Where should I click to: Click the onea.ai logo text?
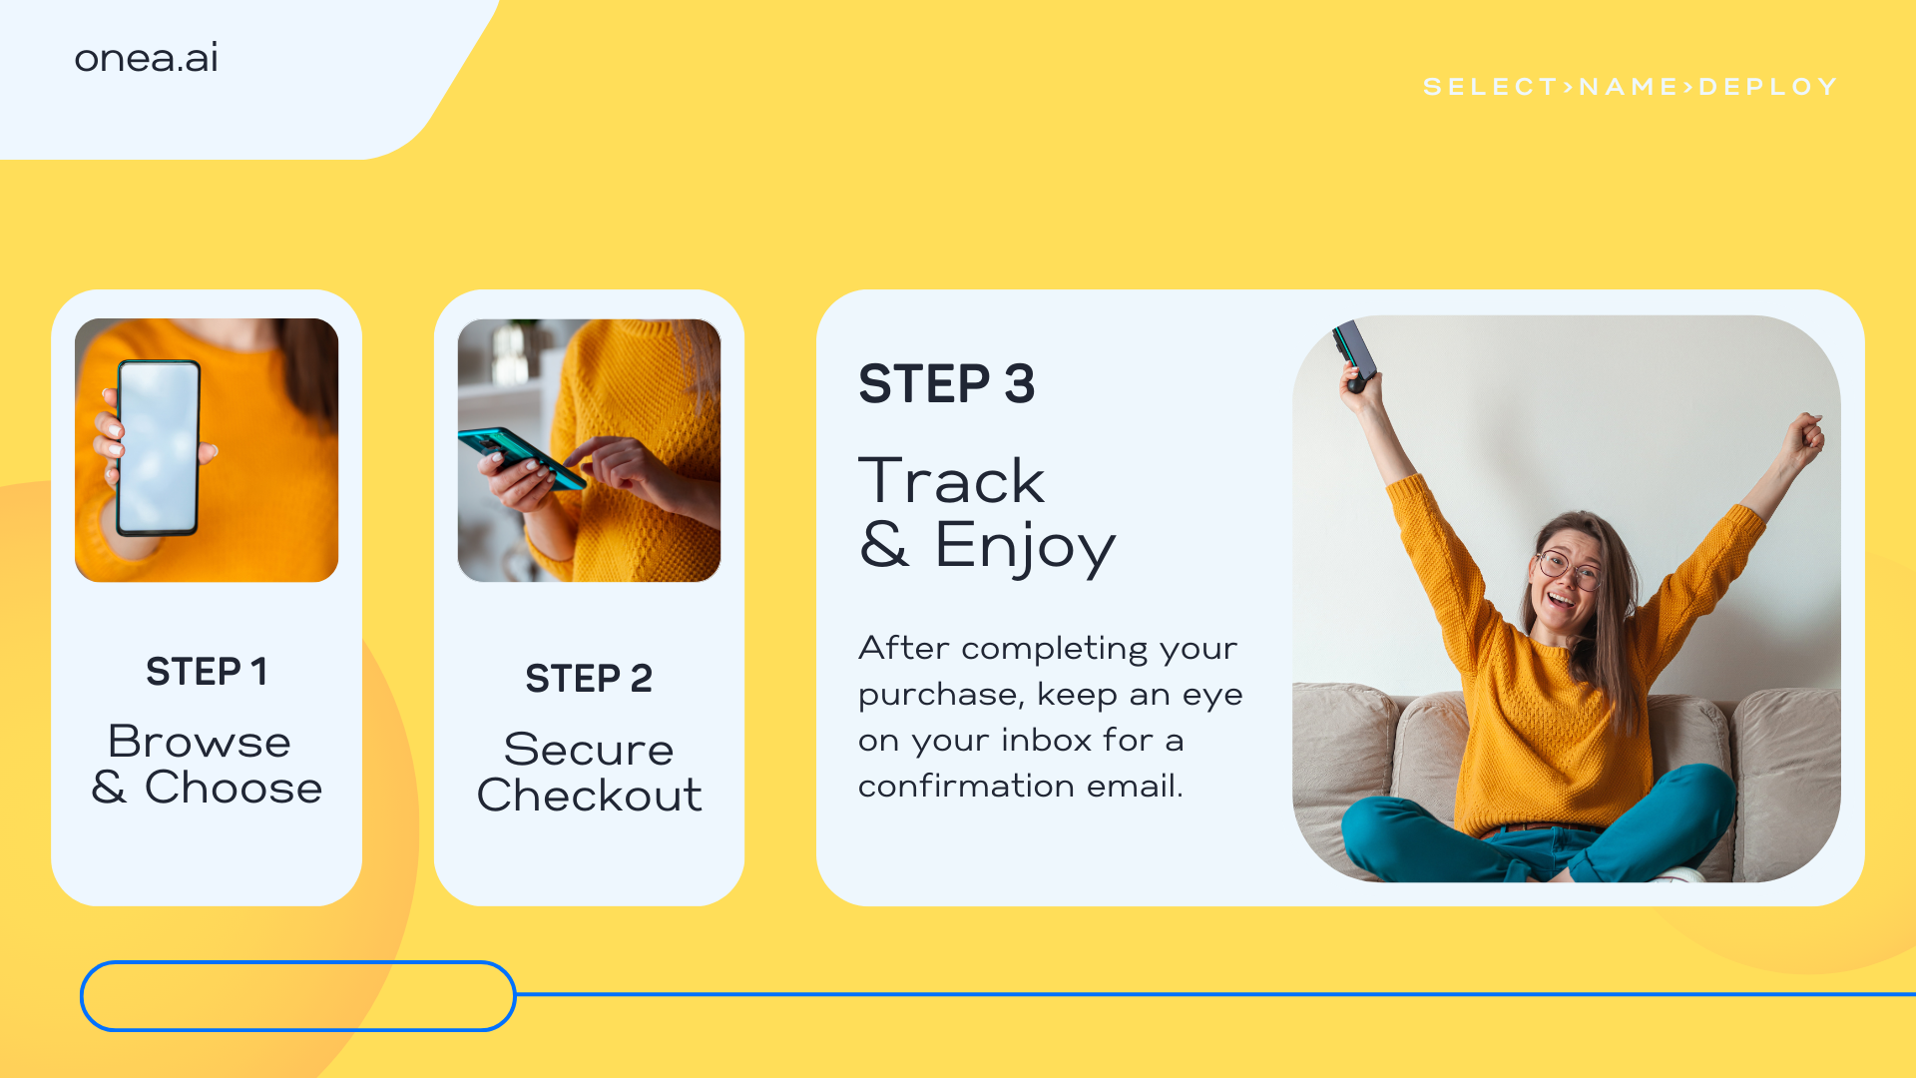tap(146, 58)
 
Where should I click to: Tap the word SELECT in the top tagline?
tap(1491, 87)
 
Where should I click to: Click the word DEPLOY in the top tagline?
tap(1767, 87)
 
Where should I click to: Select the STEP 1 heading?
tap(207, 672)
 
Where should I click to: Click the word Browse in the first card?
tap(200, 742)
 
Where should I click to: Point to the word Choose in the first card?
tap(234, 788)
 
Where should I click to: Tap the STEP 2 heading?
tap(589, 679)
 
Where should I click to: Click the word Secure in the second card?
tap(589, 750)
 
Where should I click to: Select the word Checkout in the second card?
tap(589, 796)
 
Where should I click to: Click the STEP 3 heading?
tap(947, 384)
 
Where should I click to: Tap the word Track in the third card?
tap(952, 481)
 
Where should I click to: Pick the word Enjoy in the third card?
tap(1025, 547)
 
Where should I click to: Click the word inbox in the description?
tap(1047, 740)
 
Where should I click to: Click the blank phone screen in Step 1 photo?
tap(159, 448)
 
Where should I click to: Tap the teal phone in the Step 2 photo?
tap(521, 458)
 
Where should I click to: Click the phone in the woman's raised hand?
tap(1356, 351)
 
